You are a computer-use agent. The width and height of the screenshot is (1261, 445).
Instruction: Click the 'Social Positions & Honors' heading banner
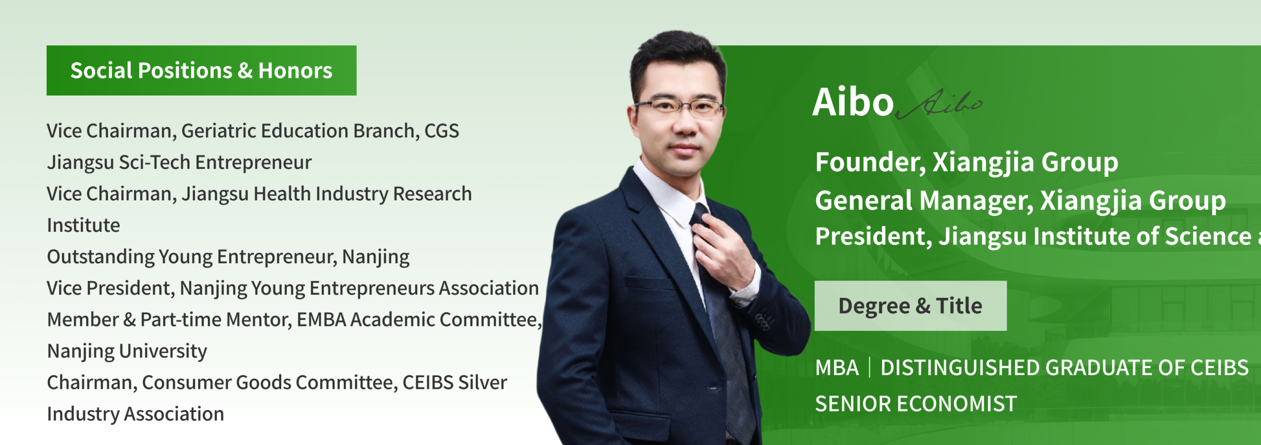(x=201, y=70)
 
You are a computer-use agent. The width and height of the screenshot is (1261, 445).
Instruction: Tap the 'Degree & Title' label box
(x=910, y=306)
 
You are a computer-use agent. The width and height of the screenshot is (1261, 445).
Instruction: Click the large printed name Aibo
(x=853, y=102)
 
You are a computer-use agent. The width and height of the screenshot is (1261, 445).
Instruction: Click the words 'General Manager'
(x=924, y=201)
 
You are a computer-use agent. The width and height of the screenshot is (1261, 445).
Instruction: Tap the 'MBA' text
(x=837, y=368)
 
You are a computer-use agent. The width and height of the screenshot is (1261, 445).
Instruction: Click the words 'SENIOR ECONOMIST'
(x=916, y=404)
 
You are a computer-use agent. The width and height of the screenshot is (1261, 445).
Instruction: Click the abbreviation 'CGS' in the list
(x=442, y=131)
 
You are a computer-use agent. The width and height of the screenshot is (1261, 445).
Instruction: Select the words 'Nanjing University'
(x=127, y=351)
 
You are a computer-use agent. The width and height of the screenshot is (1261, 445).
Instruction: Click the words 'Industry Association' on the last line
(x=135, y=414)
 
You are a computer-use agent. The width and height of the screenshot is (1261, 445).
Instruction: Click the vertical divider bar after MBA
(x=869, y=368)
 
